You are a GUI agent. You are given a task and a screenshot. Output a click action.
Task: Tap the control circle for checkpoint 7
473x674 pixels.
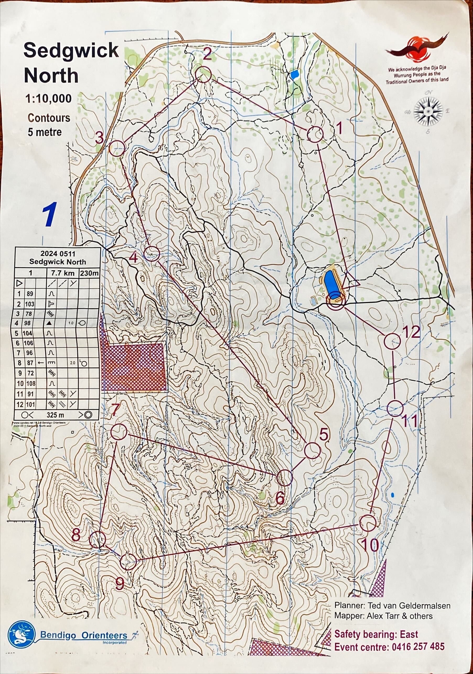click(119, 432)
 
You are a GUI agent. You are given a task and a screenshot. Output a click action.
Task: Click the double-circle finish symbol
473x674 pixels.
click(335, 302)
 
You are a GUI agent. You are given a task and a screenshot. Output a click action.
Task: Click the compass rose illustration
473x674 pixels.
click(428, 112)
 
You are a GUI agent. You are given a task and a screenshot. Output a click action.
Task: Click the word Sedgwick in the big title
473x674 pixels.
click(71, 51)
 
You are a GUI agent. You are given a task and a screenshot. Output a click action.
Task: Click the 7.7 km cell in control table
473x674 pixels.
click(63, 273)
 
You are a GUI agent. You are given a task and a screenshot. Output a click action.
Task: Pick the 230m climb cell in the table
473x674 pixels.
click(89, 273)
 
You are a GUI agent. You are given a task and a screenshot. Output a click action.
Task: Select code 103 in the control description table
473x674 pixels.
click(30, 304)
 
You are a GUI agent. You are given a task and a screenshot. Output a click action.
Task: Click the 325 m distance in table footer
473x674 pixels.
click(55, 415)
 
